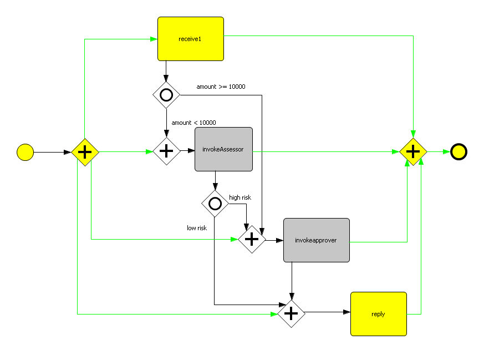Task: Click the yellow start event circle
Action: tap(26, 151)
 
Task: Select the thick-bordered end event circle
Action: tap(458, 151)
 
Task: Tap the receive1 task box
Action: tap(190, 39)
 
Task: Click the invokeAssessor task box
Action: tap(223, 150)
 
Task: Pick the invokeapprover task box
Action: tap(316, 240)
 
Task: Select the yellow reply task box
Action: tap(378, 314)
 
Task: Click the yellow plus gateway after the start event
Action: tap(85, 151)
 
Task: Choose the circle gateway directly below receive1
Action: tap(166, 95)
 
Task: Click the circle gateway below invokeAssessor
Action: tap(215, 204)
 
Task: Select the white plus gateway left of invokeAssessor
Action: tap(166, 151)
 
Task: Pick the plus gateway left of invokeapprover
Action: tap(252, 240)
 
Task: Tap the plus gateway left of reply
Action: tap(292, 313)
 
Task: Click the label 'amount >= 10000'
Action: tap(221, 87)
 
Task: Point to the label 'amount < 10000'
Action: tap(193, 123)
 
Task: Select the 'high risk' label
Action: tap(240, 197)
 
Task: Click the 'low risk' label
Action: tap(197, 228)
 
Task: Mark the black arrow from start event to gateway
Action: tap(53, 151)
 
